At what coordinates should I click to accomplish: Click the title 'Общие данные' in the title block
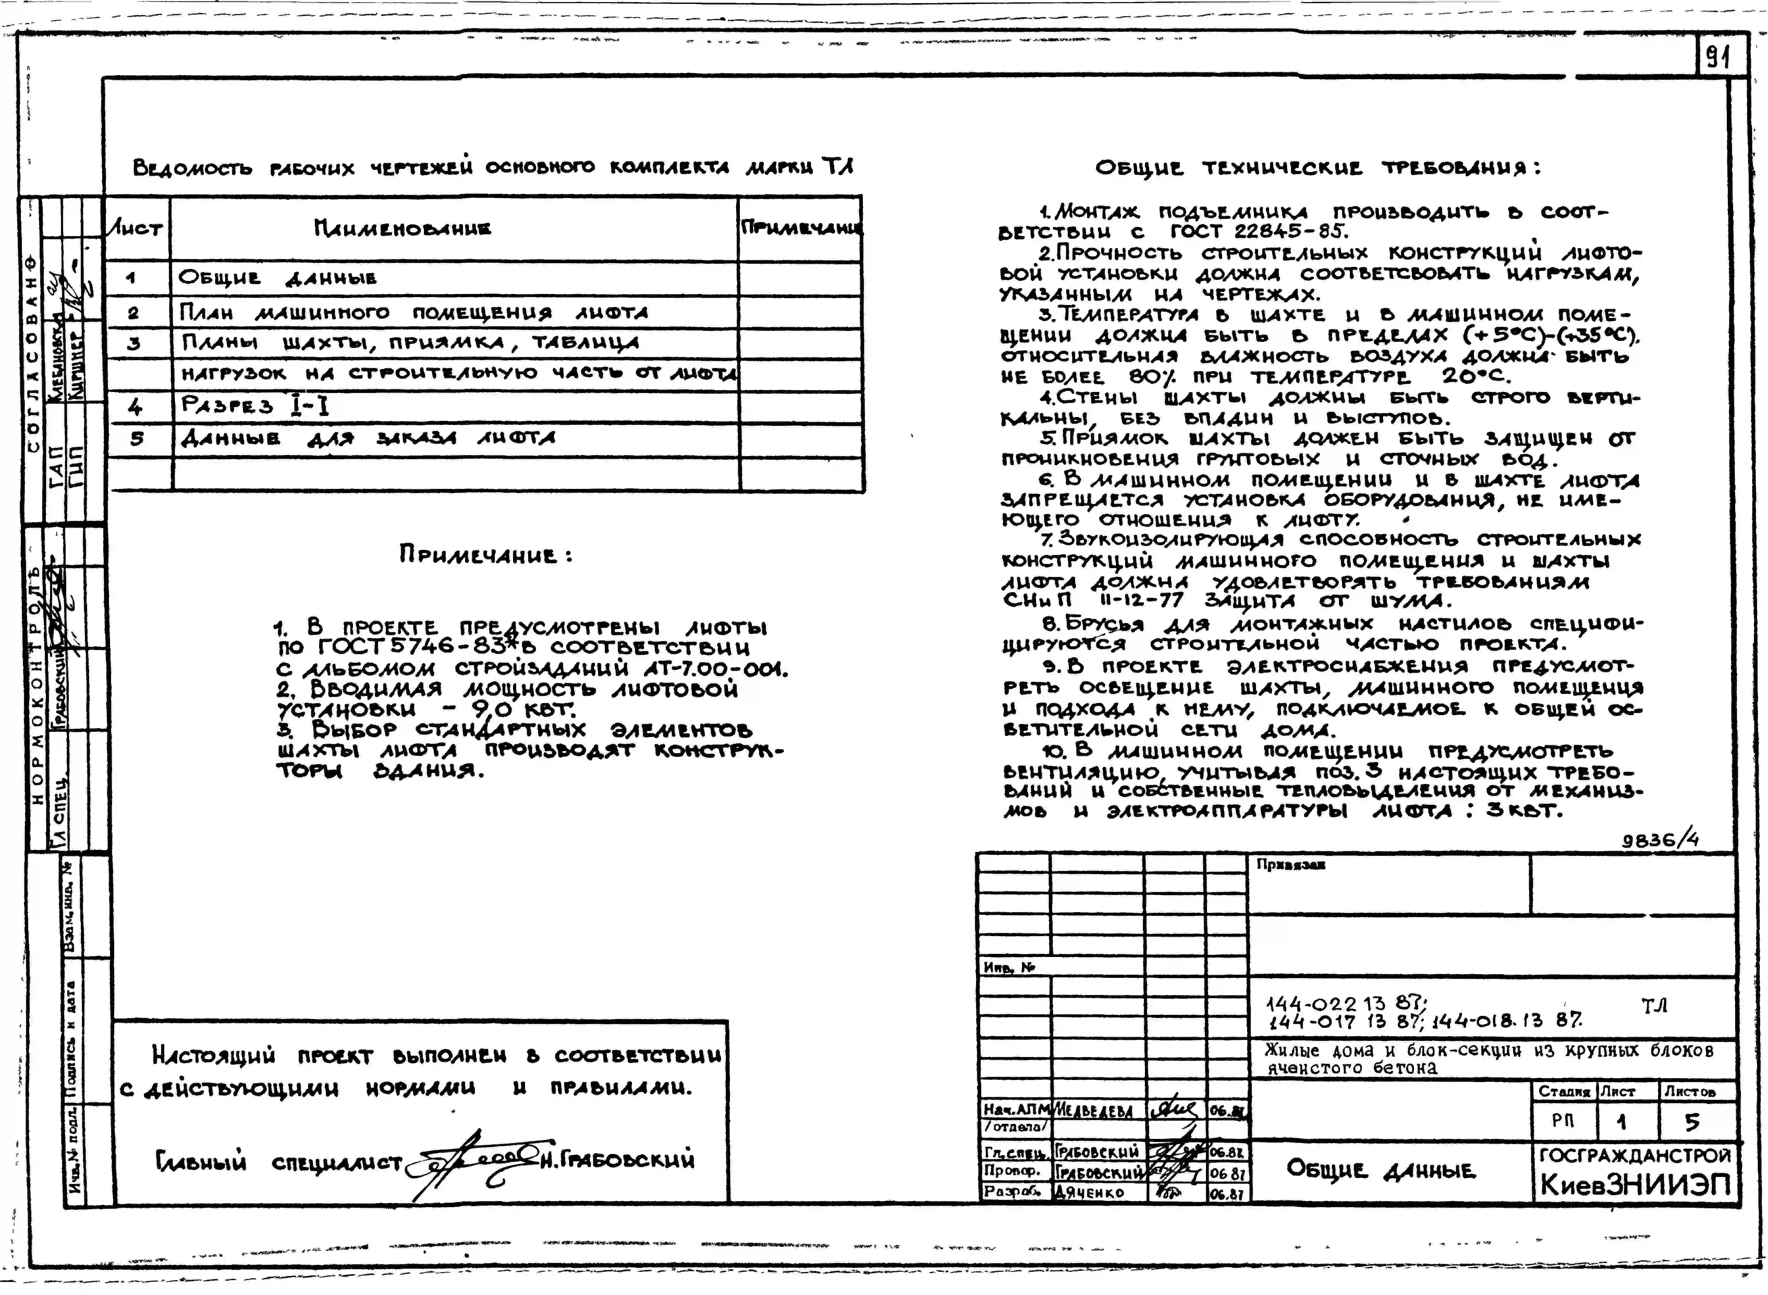(1380, 1170)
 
